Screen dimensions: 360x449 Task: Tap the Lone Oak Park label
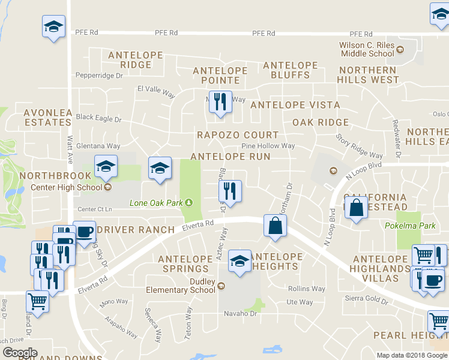(x=157, y=203)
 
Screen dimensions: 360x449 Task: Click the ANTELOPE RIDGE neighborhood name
(x=135, y=60)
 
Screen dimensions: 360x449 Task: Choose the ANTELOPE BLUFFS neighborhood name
(x=290, y=70)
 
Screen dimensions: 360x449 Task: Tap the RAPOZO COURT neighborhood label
(x=238, y=135)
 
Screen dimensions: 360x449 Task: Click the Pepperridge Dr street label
(x=98, y=76)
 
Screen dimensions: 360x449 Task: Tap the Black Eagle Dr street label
(x=98, y=118)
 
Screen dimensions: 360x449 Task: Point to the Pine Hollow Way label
(x=268, y=146)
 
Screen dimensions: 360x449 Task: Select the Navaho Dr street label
(x=224, y=314)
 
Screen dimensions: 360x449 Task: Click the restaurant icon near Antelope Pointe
(x=220, y=101)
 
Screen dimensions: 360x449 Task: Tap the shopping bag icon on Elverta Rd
(x=274, y=226)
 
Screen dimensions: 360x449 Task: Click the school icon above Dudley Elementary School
(x=240, y=260)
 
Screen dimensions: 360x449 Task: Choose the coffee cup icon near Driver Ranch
(x=83, y=231)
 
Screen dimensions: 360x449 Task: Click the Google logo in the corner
(x=20, y=352)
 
